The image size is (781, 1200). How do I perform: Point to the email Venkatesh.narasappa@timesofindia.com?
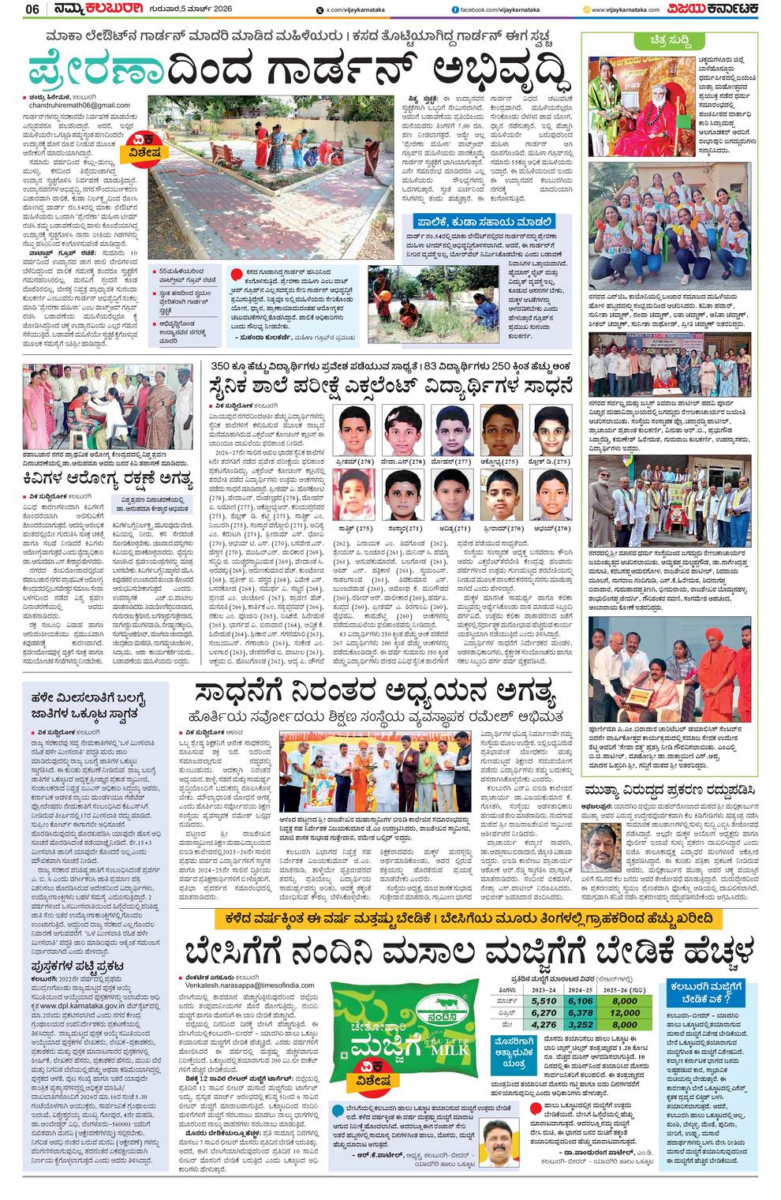249,985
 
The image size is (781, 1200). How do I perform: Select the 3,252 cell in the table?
580,1025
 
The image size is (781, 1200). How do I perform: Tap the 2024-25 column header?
580,988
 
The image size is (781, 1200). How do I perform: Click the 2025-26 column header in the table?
624,988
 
